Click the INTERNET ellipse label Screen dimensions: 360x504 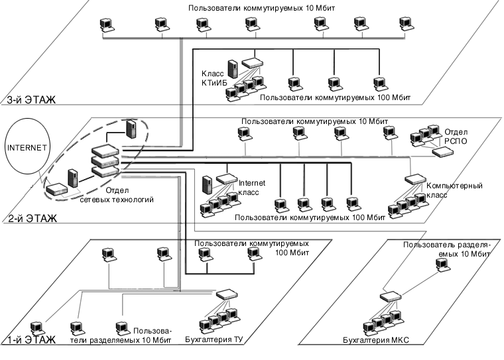(x=24, y=148)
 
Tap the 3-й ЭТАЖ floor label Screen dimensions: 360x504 (x=31, y=101)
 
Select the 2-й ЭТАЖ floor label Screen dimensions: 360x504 (x=31, y=217)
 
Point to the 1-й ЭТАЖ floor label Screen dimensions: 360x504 (x=31, y=341)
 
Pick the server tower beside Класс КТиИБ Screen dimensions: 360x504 (x=233, y=69)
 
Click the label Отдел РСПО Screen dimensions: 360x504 (x=456, y=137)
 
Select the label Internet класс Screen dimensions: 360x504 (x=251, y=187)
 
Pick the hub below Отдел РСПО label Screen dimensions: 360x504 (x=442, y=152)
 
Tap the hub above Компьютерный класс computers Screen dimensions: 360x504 (x=415, y=178)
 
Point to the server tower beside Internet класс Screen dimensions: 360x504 (x=207, y=183)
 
